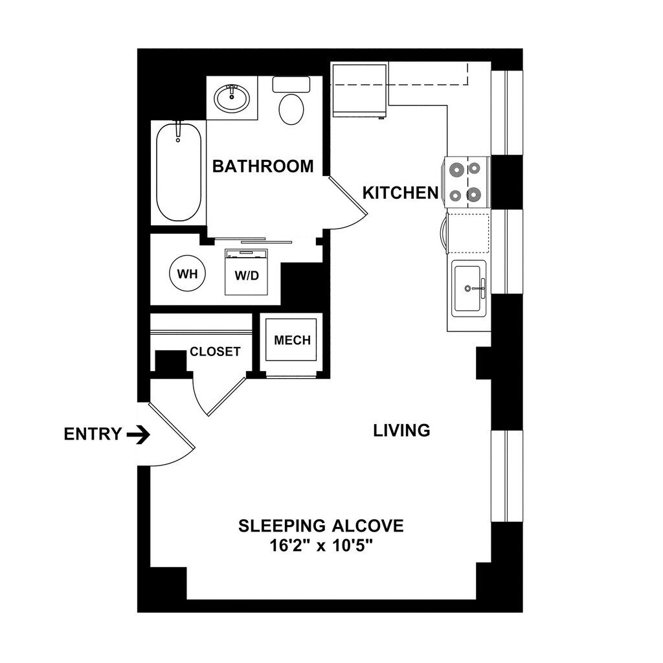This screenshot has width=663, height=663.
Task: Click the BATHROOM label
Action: pos(263,166)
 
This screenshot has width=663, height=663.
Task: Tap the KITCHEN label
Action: pos(400,193)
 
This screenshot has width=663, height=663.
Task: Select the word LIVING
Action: pos(401,430)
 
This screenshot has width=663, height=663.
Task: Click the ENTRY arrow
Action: pos(137,434)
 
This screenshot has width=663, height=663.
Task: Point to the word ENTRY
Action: pos(93,434)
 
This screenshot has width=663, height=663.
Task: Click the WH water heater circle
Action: pos(187,273)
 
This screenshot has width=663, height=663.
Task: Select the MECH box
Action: pos(292,341)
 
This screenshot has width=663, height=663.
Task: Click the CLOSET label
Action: pos(215,352)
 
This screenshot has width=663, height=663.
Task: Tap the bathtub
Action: pos(178,172)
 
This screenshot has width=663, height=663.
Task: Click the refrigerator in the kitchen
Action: pos(359,90)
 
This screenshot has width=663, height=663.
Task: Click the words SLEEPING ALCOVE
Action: pos(321,526)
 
